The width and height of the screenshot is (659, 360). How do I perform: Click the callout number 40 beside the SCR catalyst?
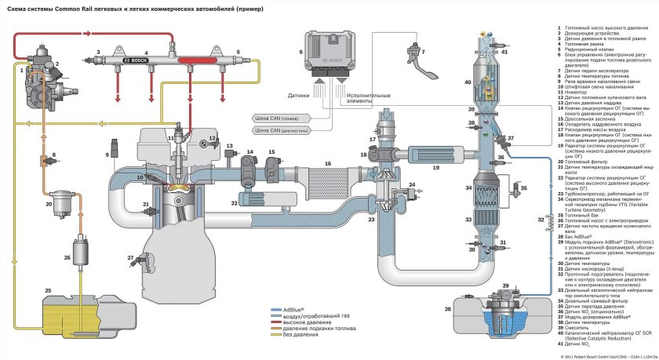[x=468, y=82]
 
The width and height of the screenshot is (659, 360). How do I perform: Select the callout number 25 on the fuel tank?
[x=48, y=290]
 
